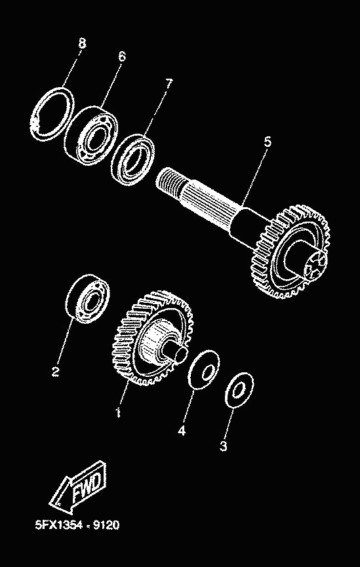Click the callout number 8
[x=82, y=44]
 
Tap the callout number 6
[x=122, y=56]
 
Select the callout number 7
[x=169, y=83]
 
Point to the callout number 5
[x=268, y=142]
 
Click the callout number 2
[x=55, y=372]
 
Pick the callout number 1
[x=118, y=412]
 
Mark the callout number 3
[x=224, y=446]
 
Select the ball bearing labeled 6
[x=92, y=136]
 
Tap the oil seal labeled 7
[x=132, y=160]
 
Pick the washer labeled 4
[x=204, y=370]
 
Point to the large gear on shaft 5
[x=291, y=252]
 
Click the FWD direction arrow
[x=78, y=486]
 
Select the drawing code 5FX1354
[x=61, y=524]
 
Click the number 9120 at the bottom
[x=106, y=524]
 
